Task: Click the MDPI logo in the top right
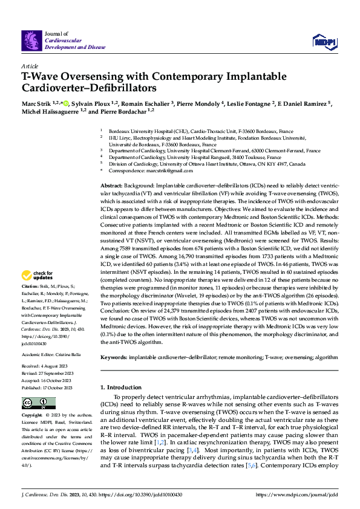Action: (x=323, y=41)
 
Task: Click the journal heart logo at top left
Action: (x=31, y=41)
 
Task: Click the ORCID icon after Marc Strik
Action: (x=58, y=103)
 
